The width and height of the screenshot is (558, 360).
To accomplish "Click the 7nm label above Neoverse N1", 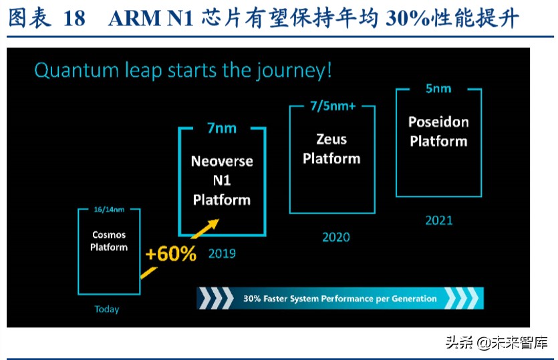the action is coord(222,128).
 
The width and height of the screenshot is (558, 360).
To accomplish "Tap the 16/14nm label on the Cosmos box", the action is coord(109,210).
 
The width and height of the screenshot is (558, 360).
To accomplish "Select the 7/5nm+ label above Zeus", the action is coord(333,106).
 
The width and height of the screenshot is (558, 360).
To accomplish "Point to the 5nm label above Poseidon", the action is coord(438,88).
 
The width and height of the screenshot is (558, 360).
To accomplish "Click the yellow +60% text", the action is coord(171,254).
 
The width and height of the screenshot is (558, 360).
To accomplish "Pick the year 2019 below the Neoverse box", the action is coord(222,253).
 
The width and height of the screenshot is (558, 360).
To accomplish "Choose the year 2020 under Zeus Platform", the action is coord(336,237).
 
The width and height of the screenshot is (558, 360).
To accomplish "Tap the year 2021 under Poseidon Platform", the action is coord(439,220).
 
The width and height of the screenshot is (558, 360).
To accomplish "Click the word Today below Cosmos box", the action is coord(107,309).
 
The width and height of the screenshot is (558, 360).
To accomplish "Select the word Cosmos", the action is coord(109,235).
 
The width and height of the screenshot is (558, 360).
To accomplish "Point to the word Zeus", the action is coord(331,139).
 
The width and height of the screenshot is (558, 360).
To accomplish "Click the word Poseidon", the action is coord(438,122).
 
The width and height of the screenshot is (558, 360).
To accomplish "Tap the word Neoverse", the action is coord(222,161).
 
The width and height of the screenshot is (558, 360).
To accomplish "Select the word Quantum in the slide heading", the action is coord(76,69).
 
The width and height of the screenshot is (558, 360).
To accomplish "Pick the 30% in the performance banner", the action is coord(252,299).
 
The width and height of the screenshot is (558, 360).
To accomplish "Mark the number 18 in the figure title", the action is coord(74,19).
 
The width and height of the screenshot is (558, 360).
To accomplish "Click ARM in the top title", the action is coord(134,19).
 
